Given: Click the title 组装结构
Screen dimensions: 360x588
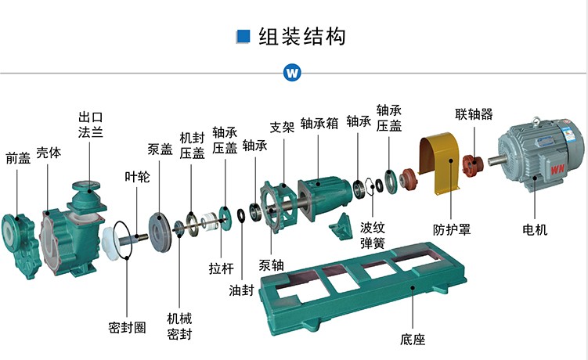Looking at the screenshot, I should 302,36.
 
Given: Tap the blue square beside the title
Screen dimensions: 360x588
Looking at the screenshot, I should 243,36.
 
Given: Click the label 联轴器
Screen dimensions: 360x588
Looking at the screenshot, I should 474,114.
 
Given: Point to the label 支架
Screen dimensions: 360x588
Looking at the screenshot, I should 282,126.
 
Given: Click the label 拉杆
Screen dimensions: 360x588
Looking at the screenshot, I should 222,268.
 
